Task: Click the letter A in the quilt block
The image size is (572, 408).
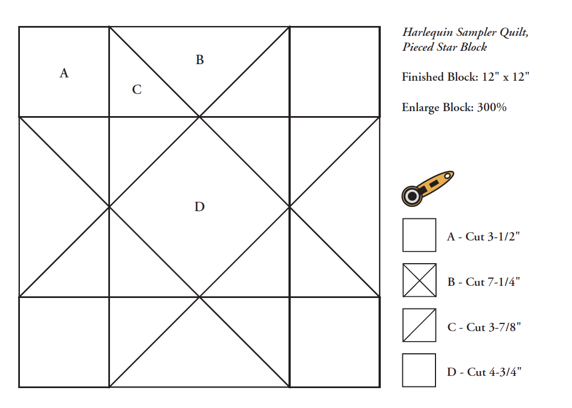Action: pos(64,73)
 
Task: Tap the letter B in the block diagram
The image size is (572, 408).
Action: pos(200,60)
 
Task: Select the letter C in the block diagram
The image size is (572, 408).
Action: pos(137,90)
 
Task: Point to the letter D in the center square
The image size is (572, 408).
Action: pos(200,207)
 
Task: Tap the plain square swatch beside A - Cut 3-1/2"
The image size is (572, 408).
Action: pos(419,235)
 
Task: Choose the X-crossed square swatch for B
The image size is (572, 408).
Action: pos(419,280)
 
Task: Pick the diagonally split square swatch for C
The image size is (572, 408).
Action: pos(419,325)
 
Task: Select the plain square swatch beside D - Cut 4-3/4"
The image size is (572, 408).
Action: pos(419,370)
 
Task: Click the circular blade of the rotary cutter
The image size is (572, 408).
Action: pos(412,195)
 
